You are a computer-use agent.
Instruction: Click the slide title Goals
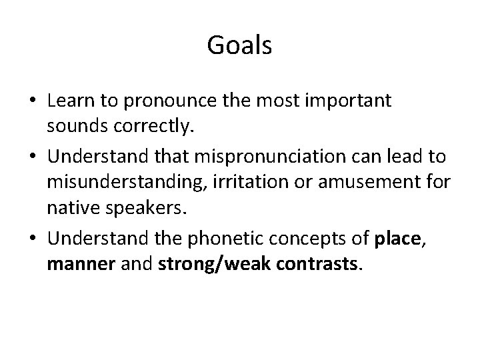pyautogui.click(x=239, y=46)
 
